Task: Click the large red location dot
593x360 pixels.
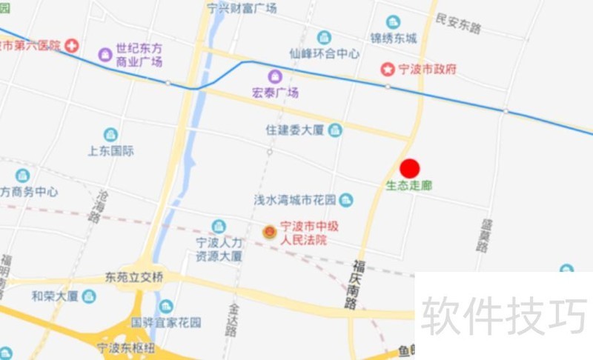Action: [410, 169]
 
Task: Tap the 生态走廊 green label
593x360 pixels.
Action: [408, 186]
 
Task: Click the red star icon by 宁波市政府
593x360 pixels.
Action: [388, 70]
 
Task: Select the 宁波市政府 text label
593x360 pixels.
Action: [428, 70]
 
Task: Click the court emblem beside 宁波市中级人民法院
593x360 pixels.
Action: [269, 233]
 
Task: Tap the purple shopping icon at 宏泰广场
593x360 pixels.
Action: [275, 77]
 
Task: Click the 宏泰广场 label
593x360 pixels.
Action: [275, 93]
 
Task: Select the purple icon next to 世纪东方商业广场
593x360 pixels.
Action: [105, 54]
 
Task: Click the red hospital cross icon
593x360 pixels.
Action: [71, 46]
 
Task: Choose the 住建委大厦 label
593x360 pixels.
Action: [295, 130]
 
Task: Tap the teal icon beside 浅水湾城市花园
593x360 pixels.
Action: [346, 200]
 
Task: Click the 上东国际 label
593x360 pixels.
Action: [110, 151]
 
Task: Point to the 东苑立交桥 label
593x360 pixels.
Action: [134, 277]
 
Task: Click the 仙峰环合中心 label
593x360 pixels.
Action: [325, 54]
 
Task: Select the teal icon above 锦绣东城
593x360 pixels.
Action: [393, 22]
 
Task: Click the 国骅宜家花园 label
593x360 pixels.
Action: [166, 323]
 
